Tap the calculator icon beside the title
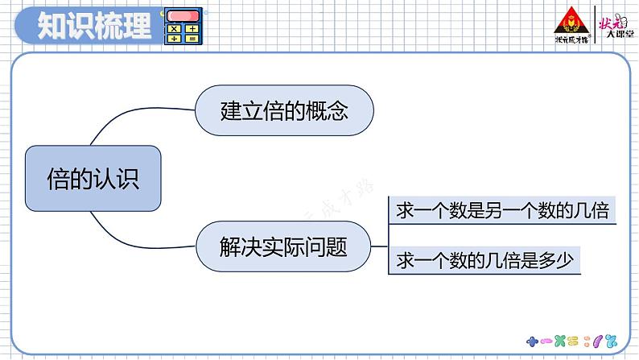tap(183, 27)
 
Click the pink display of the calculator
tap(183, 16)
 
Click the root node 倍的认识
tap(93, 178)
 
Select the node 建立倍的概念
tap(284, 110)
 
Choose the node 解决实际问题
tap(284, 246)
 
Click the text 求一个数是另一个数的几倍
tap(501, 211)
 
